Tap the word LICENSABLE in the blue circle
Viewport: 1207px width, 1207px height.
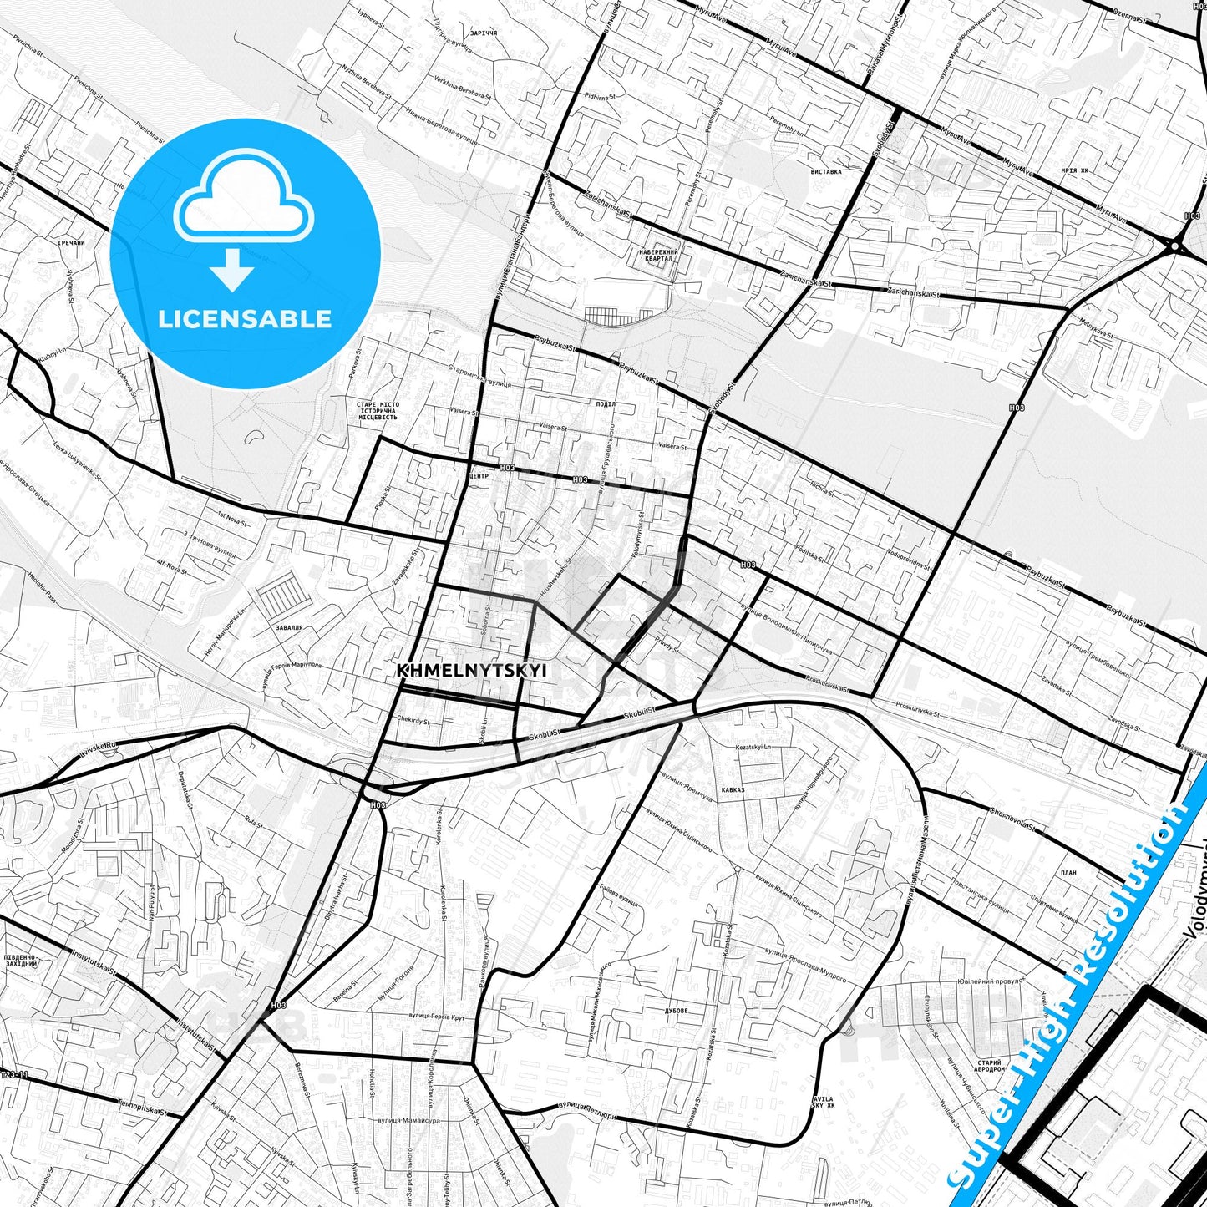245,319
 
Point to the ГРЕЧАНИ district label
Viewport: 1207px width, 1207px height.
72,243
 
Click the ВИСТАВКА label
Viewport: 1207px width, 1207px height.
826,171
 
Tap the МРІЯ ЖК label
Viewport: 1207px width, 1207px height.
1075,170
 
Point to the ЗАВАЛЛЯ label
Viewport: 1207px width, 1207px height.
288,626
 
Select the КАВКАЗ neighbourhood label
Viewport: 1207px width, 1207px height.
733,789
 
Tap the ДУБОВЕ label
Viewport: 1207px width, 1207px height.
676,1011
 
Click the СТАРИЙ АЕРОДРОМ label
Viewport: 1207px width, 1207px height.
989,1066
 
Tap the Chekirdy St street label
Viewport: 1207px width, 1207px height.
413,720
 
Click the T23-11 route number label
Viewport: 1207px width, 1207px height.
14,1075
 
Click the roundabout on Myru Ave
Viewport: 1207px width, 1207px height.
1175,246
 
